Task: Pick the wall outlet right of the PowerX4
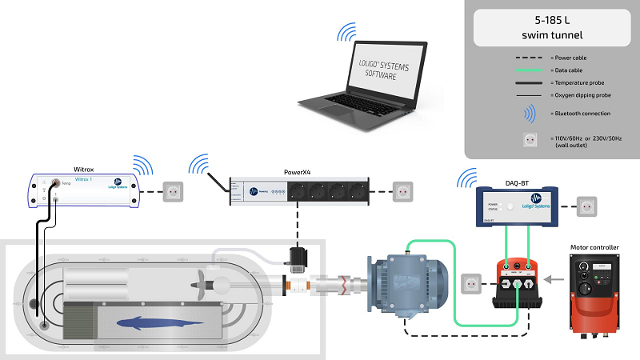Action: (x=402, y=192)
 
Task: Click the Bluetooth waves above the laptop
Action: (x=345, y=32)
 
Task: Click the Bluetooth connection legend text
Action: (x=580, y=114)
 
